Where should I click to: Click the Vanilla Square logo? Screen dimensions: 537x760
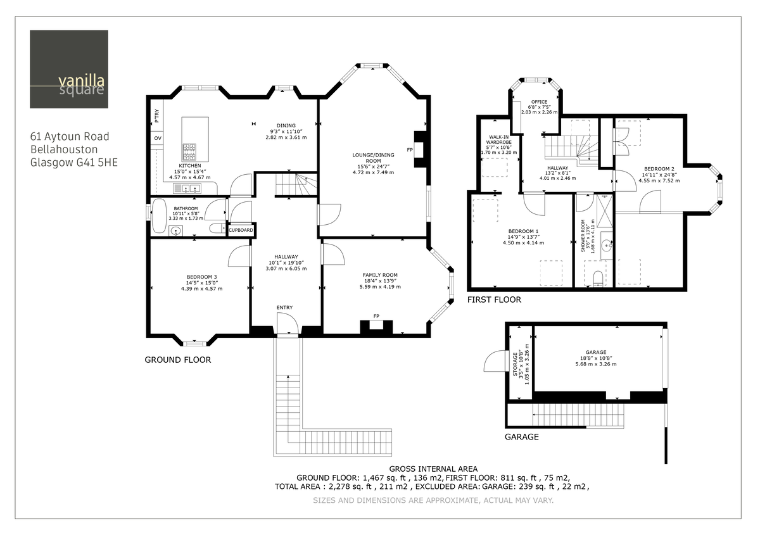[68, 69]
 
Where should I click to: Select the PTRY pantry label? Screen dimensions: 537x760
[156, 116]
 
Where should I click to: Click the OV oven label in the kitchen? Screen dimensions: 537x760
[156, 138]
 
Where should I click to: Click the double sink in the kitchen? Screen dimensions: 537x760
[187, 188]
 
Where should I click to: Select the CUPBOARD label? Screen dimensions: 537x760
[241, 231]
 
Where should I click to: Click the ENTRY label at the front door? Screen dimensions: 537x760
[284, 308]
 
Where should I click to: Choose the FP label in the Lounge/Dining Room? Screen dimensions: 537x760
[410, 150]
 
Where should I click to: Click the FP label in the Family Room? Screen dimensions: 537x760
[376, 316]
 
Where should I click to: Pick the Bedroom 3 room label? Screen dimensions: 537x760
[201, 277]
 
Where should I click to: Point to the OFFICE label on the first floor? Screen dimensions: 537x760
[539, 101]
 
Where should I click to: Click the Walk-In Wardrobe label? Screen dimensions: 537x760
[499, 140]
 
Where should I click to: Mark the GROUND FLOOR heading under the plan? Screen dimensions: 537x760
[178, 360]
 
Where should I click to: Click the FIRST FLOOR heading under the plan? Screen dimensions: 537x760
[494, 300]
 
